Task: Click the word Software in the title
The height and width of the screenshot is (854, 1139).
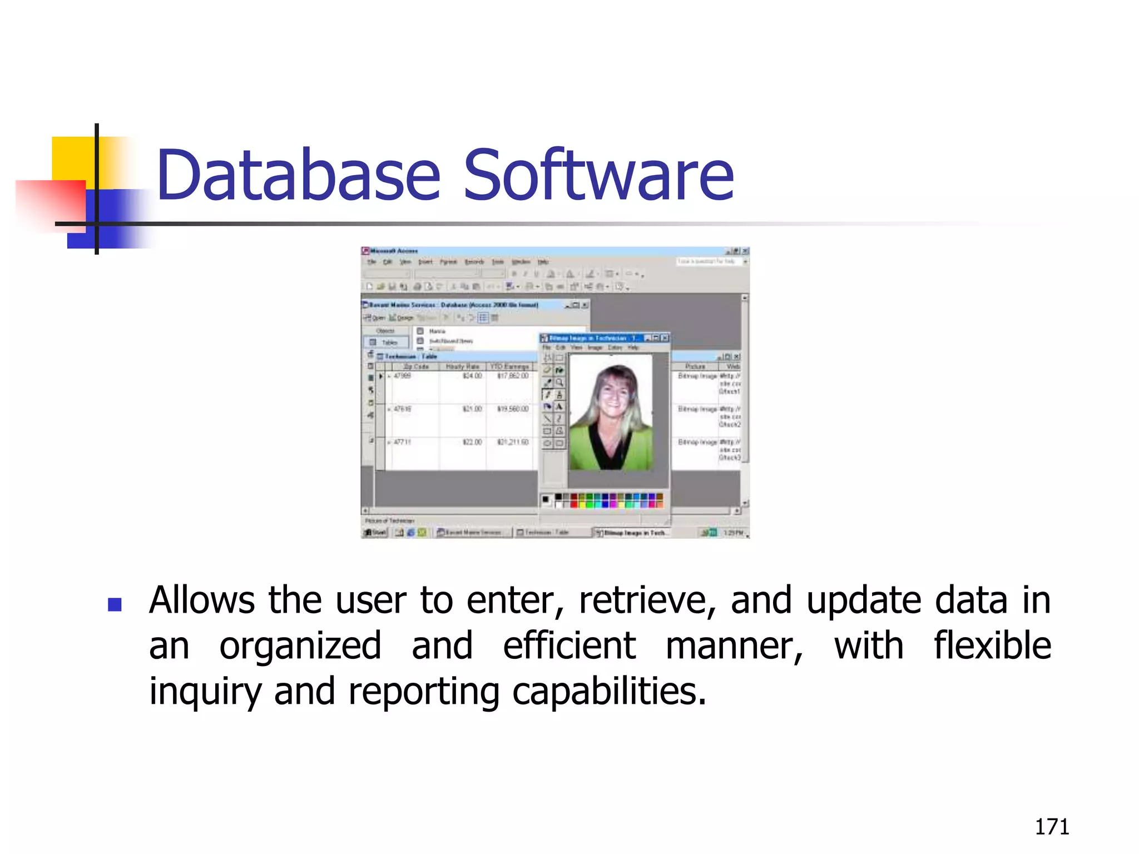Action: pos(598,175)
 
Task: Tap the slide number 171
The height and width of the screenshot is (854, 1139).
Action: pos(1052,827)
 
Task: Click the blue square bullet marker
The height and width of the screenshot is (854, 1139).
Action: pos(115,604)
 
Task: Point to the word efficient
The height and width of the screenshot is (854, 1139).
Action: pos(569,647)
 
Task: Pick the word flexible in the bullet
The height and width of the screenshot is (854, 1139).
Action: pos(992,647)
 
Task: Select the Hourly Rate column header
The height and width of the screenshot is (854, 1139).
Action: pos(463,367)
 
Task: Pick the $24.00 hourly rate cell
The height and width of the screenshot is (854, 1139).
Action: pos(472,376)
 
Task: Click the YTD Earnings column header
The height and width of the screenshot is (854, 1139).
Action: pos(510,367)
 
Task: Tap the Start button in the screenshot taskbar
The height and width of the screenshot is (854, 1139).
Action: pos(375,533)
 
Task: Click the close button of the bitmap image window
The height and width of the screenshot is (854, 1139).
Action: pos(665,338)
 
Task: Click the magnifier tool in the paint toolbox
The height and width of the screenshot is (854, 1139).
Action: pos(559,383)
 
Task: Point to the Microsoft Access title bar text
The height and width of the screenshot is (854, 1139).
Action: pos(394,251)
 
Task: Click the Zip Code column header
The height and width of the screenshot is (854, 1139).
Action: pos(416,367)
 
